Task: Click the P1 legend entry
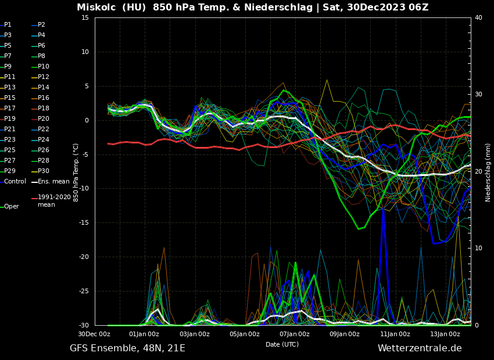pyautogui.click(x=8, y=25)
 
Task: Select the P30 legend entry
pyautogui.click(x=44, y=171)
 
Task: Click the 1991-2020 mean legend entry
pyautogui.click(x=54, y=201)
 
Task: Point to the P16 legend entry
pyautogui.click(x=44, y=98)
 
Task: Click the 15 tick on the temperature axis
pyautogui.click(x=85, y=18)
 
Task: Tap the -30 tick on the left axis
pyautogui.click(x=83, y=325)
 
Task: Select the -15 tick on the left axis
pyautogui.click(x=83, y=223)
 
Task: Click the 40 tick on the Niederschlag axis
pyautogui.click(x=478, y=18)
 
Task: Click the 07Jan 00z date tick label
pyautogui.click(x=295, y=334)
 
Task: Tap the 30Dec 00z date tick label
pyautogui.click(x=94, y=334)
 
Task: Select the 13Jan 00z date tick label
pyautogui.click(x=445, y=334)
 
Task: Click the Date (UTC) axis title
pyautogui.click(x=282, y=344)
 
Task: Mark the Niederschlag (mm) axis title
pyautogui.click(x=488, y=172)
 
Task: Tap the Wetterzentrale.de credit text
pyautogui.click(x=420, y=348)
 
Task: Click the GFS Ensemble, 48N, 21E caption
pyautogui.click(x=127, y=348)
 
